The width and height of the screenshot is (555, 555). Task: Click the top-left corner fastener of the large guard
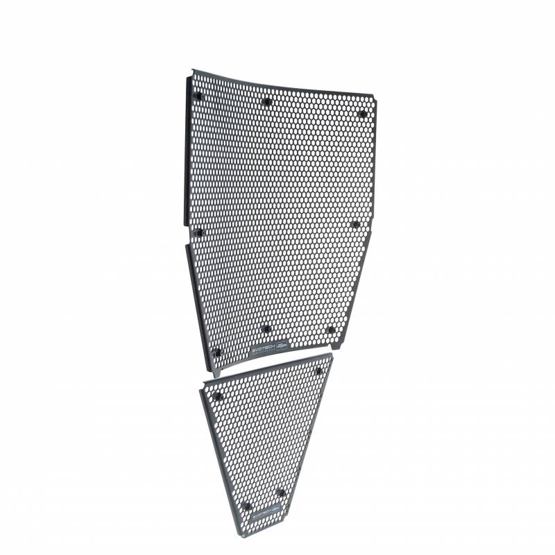(198, 96)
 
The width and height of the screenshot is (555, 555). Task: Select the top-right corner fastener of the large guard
(361, 114)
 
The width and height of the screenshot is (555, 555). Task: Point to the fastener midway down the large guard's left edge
(200, 233)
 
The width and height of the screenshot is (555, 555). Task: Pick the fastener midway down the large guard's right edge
(356, 224)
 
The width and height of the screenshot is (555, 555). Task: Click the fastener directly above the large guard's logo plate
(267, 328)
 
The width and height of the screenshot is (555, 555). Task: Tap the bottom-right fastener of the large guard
(331, 330)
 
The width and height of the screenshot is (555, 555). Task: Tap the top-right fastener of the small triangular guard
(318, 371)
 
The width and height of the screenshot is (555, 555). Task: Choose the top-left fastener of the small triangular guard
(217, 397)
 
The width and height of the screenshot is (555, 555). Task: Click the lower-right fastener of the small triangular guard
(280, 493)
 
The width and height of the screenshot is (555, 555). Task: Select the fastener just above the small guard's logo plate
(246, 506)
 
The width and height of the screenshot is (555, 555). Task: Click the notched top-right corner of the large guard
(375, 101)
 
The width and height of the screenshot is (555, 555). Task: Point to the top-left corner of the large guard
(191, 70)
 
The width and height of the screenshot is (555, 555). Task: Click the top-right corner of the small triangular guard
(332, 356)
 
